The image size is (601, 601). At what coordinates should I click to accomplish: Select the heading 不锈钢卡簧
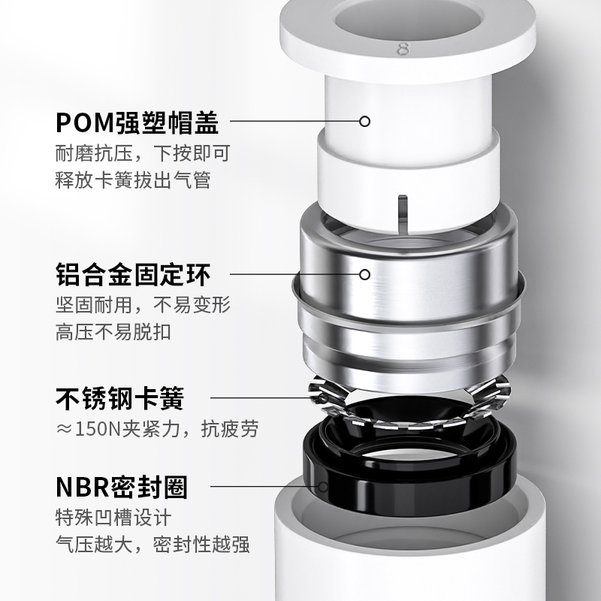(120, 397)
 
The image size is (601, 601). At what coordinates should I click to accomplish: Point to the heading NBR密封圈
(122, 486)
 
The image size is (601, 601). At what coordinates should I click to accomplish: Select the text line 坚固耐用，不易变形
(142, 306)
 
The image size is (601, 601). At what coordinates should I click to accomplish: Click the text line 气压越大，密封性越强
(153, 545)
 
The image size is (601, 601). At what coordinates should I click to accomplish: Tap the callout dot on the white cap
(365, 121)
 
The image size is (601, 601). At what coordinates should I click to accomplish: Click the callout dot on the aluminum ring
(365, 274)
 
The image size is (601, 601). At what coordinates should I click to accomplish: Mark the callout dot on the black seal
(323, 487)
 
